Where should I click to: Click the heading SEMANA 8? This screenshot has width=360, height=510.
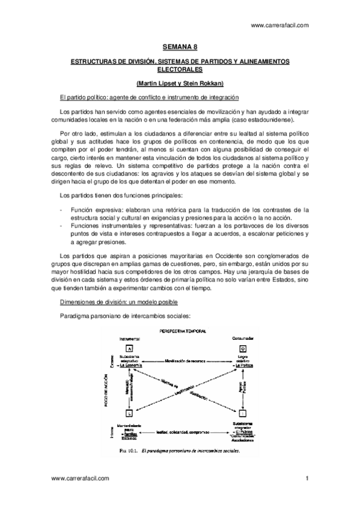point(180,46)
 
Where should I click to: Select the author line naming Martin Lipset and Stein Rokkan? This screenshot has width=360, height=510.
point(180,83)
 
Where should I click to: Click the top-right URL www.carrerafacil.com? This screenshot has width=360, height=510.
point(279,25)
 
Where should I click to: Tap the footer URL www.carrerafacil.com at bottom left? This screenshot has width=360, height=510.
point(81,479)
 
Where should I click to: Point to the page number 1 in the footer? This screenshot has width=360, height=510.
point(307,479)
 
